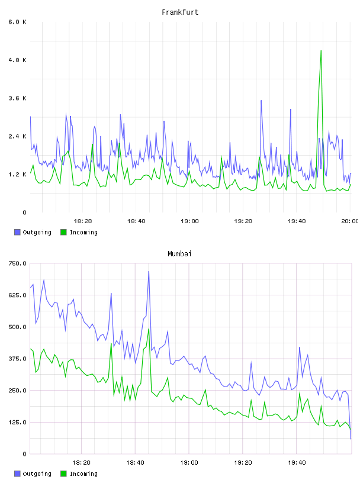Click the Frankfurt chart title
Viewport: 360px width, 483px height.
(180, 12)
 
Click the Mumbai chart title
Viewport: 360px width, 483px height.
(179, 254)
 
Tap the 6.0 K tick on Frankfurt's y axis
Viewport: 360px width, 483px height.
(17, 22)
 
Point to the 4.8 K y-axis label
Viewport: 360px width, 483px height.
(17, 60)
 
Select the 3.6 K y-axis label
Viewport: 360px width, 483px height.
(17, 98)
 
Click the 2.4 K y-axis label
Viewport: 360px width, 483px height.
(17, 137)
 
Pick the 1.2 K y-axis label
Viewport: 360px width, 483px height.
(17, 175)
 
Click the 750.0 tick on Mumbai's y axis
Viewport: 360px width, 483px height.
(17, 263)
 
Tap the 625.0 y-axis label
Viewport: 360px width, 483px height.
(17, 295)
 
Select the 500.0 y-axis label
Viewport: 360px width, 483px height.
(17, 327)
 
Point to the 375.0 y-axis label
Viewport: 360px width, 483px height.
(17, 359)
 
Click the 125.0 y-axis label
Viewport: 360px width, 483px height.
(17, 422)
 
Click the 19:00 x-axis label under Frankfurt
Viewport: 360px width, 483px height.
(189, 221)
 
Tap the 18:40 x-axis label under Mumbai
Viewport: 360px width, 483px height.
(135, 463)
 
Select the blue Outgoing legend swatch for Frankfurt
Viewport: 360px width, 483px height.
(17, 232)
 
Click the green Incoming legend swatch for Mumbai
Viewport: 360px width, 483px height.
(63, 474)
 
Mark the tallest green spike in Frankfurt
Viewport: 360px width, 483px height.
(321, 51)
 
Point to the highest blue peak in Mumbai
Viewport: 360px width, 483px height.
(149, 272)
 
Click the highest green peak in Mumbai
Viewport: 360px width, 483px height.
(149, 329)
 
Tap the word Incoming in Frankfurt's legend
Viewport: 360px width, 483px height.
(83, 232)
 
